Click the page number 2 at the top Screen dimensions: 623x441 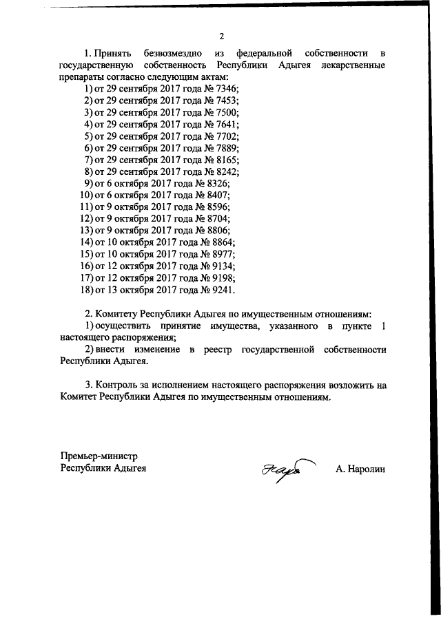click(221, 36)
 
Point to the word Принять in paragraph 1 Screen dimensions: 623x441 click(113, 54)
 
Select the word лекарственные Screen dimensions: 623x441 click(351, 65)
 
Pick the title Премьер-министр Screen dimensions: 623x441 click(99, 456)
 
